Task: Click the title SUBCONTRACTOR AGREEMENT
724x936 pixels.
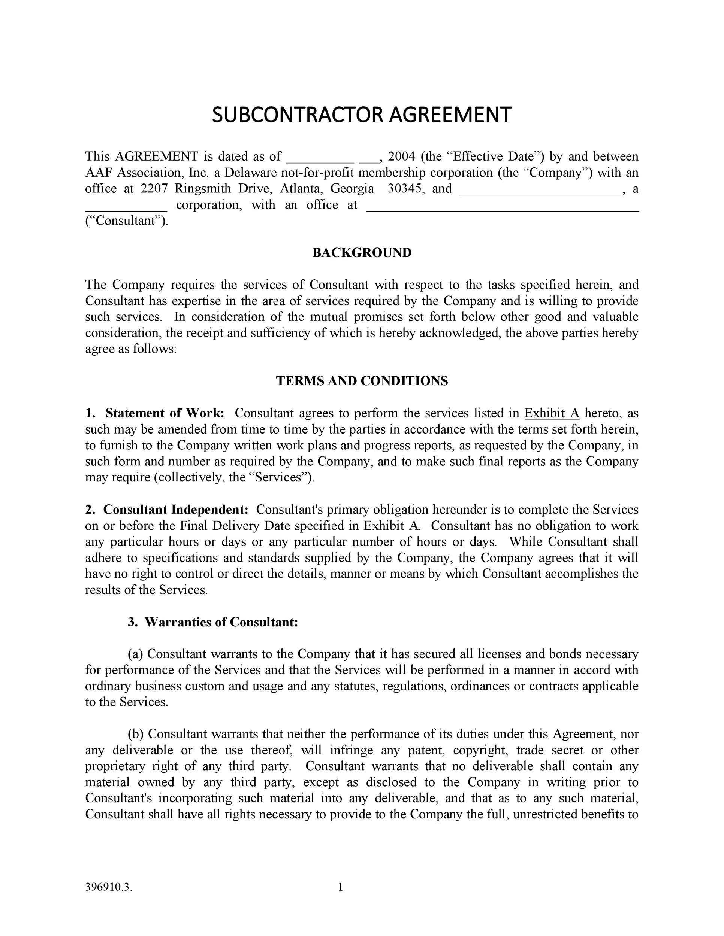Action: pos(362,115)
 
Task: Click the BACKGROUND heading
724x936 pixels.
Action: pos(362,253)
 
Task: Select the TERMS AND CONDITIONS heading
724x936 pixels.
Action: pos(362,381)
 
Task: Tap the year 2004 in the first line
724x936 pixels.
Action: pos(401,156)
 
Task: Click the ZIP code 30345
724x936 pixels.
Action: pos(404,189)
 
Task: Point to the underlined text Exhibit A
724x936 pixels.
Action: pos(552,413)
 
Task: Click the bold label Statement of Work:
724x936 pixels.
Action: pos(165,413)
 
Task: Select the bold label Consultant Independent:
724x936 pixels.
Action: pos(176,510)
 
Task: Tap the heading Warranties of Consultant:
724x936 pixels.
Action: pos(221,622)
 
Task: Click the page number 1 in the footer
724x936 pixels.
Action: pos(341,887)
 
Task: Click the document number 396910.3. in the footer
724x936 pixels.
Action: pos(109,888)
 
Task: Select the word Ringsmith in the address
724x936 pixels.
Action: pos(202,189)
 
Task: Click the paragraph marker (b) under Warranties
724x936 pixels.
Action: pos(136,734)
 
